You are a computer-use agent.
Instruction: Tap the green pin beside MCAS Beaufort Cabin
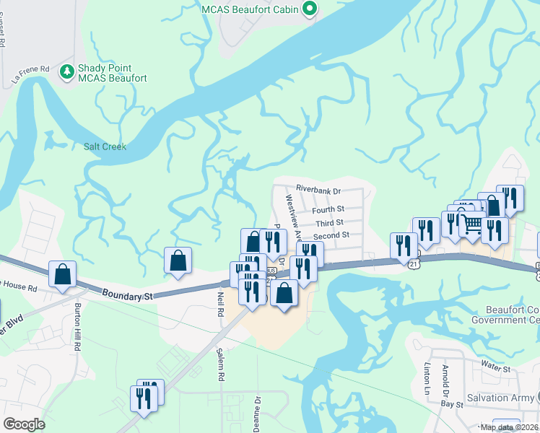tap(310, 9)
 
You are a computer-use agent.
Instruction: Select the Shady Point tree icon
tap(66, 71)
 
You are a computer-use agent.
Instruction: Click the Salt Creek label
tap(105, 146)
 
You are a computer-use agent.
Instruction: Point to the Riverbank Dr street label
tap(318, 190)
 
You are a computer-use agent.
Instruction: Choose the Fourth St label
tap(329, 210)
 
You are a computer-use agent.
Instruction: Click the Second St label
tap(331, 235)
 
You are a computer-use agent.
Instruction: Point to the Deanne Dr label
tap(257, 414)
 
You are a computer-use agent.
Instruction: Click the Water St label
tap(496, 369)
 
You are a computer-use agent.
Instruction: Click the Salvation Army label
tap(498, 398)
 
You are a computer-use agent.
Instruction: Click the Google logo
tap(24, 424)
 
